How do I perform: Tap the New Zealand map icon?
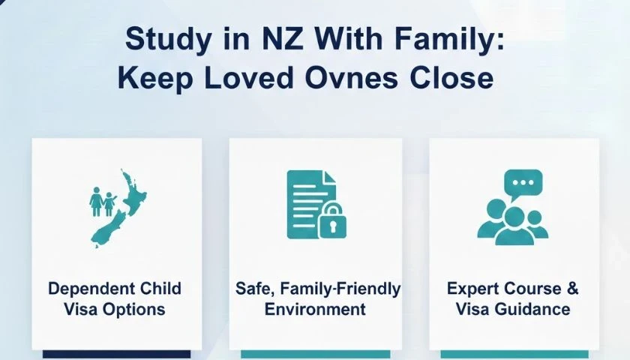pyautogui.click(x=119, y=208)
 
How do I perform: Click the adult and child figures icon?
pyautogui.click(x=103, y=202)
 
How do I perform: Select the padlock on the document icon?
pyautogui.click(x=332, y=221)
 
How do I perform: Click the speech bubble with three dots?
pyautogui.click(x=523, y=184)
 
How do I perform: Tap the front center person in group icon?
pyautogui.click(x=514, y=226)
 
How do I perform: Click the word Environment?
pyautogui.click(x=315, y=310)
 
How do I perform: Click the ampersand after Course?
pyautogui.click(x=572, y=289)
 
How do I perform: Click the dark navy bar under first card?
pyautogui.click(x=117, y=355)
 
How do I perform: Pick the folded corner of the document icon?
pyautogui.click(x=329, y=177)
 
